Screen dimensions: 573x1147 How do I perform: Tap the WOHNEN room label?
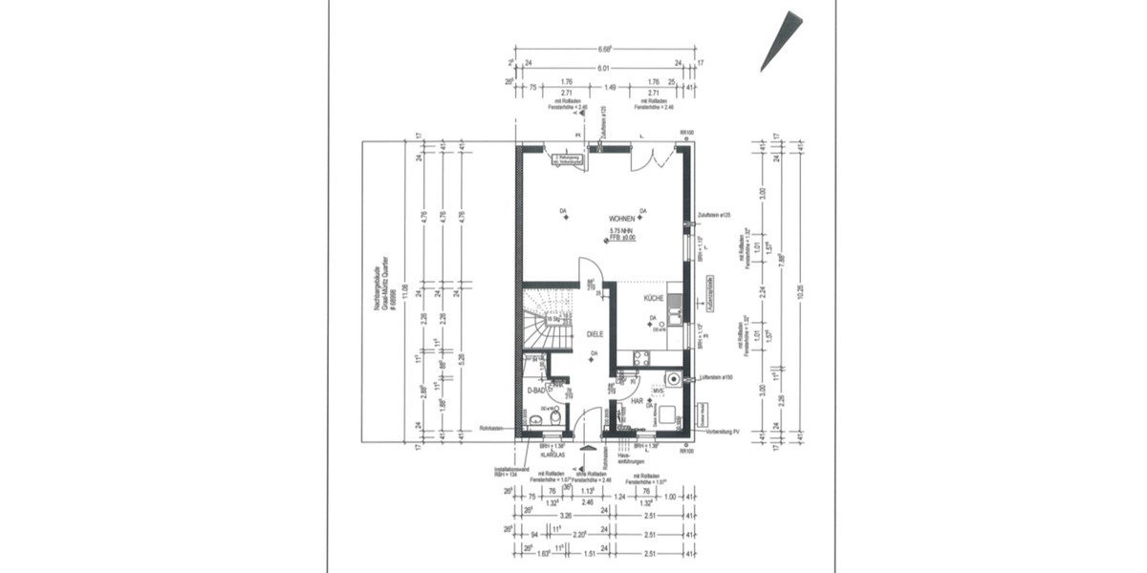(608, 219)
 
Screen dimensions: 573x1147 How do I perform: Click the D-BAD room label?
(537, 391)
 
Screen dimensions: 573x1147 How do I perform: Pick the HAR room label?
(637, 401)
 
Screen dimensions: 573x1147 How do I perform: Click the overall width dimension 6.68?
(604, 49)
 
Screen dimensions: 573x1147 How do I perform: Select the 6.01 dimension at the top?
(604, 69)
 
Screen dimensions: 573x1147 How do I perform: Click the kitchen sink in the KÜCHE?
(675, 306)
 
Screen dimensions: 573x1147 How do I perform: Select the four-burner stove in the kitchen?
(640, 358)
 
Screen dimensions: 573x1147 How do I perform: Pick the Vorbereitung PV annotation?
(724, 432)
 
